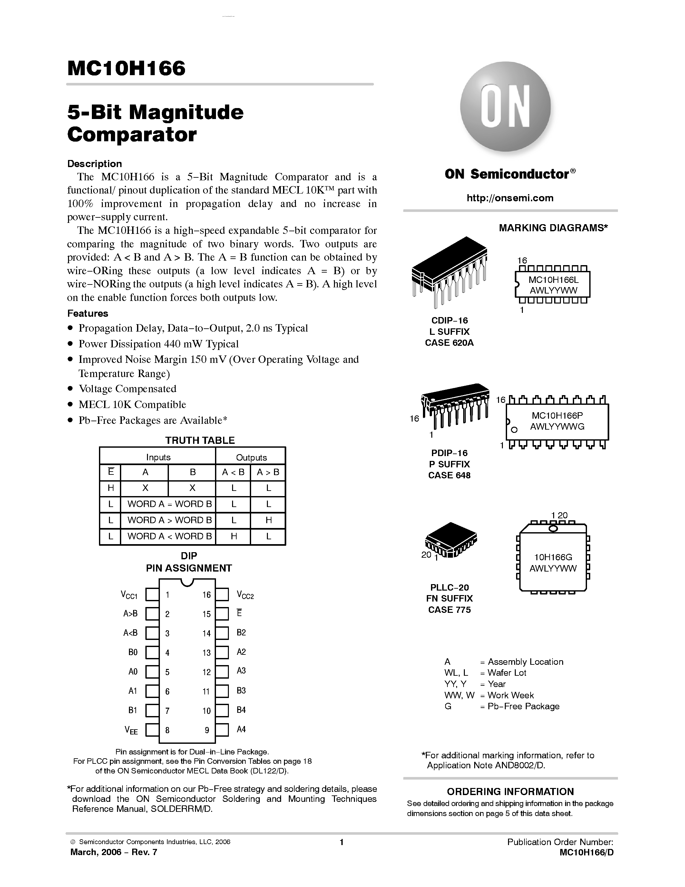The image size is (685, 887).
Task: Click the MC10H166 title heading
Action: coord(126,68)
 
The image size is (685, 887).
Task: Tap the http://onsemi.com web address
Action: coord(510,198)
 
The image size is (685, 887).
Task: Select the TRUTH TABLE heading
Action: coord(200,440)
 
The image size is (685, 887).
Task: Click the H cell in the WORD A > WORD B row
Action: coord(268,520)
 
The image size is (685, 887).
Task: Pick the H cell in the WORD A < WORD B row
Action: coord(234,536)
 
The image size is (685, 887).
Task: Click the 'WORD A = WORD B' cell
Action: coord(169,504)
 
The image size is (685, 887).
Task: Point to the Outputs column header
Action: coord(251,457)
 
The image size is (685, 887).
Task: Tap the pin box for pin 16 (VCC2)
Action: coord(222,594)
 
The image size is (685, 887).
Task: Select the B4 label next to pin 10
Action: coord(241,710)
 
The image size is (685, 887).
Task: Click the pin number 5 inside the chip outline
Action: coord(167,672)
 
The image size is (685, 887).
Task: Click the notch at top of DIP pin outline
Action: coord(187,582)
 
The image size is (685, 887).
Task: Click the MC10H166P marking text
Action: coord(557,415)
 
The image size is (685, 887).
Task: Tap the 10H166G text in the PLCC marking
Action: coord(553,558)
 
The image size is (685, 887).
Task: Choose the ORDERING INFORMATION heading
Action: coord(510,792)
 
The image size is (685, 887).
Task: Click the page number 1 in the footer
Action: coord(342,842)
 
